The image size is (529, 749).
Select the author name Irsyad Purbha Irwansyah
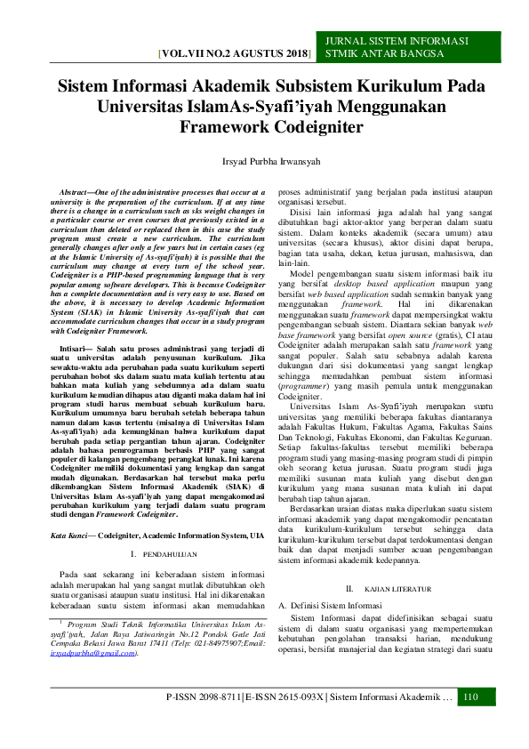tap(264, 163)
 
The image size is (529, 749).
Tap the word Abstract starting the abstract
tap(77, 192)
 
